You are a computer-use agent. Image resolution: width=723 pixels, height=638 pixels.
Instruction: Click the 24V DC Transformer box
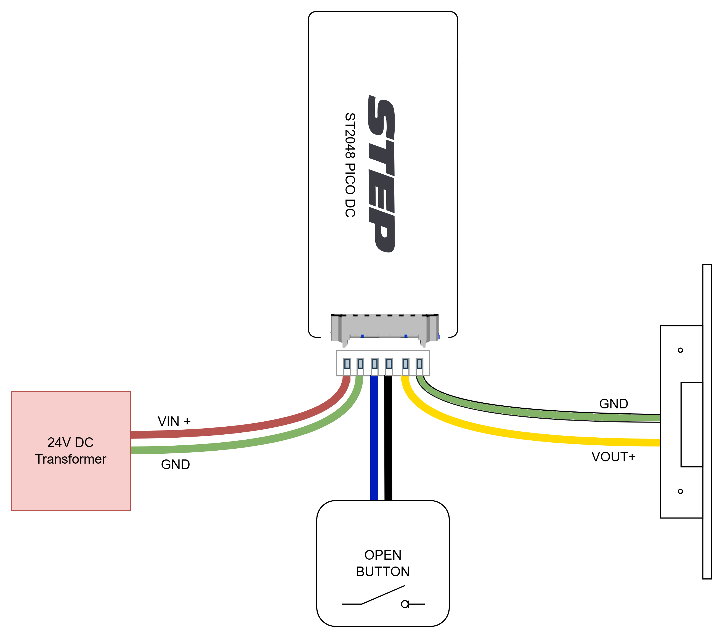[x=71, y=451]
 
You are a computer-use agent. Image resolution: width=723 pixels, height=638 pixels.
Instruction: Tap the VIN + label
[x=174, y=421]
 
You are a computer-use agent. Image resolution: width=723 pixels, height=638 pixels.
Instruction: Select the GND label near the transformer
[x=176, y=464]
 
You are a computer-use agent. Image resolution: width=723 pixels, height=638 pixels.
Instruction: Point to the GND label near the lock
[x=614, y=403]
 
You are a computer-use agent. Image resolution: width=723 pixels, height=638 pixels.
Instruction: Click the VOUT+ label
[x=613, y=457]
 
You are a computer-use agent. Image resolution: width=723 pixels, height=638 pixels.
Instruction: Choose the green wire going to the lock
[x=513, y=410]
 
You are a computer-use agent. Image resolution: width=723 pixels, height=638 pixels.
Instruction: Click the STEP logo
[x=381, y=174]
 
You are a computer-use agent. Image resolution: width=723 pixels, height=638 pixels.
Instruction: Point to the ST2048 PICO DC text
[x=350, y=165]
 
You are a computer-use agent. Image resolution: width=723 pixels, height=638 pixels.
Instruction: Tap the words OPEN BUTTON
[x=383, y=563]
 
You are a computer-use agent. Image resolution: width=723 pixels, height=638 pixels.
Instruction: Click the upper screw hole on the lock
[x=680, y=350]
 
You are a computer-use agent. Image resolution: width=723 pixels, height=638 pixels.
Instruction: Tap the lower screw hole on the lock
[x=680, y=491]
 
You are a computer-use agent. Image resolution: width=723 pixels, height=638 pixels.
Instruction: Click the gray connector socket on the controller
[x=385, y=329]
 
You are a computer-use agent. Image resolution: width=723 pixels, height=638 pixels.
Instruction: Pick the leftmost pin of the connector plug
[x=347, y=363]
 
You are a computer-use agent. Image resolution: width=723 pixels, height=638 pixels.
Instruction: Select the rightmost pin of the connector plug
[x=419, y=363]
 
